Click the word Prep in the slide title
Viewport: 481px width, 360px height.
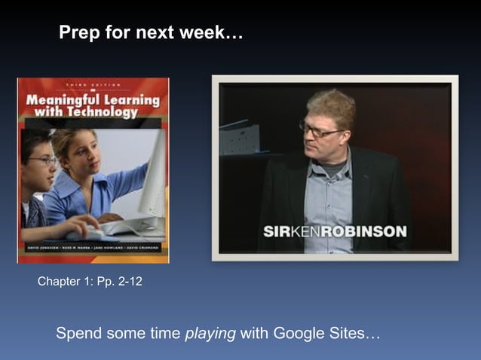tap(78, 34)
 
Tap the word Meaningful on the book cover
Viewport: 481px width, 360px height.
tap(62, 99)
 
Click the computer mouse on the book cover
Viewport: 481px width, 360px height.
tap(84, 234)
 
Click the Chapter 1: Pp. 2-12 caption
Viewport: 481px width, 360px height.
tap(90, 282)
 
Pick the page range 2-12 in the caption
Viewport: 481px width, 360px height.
tap(127, 282)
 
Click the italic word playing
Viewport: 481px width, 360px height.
tap(210, 334)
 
